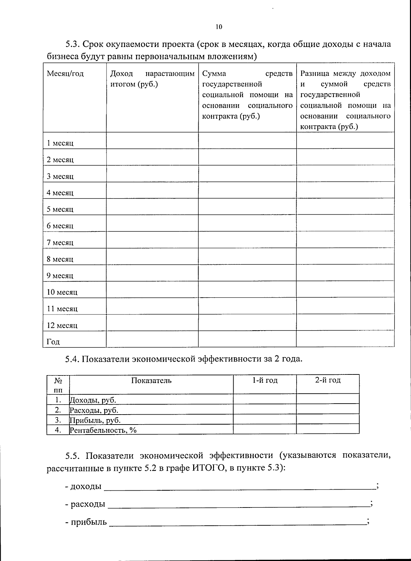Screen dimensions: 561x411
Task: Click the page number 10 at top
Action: tap(219, 27)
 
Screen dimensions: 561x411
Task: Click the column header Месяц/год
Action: tap(65, 74)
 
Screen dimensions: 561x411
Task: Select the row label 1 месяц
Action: tap(60, 143)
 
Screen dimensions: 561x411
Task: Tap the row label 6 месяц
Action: tap(60, 226)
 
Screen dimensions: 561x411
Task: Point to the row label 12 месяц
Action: tap(62, 325)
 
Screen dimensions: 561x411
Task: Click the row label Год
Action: tap(53, 342)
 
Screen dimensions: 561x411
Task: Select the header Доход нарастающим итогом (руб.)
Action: tap(152, 79)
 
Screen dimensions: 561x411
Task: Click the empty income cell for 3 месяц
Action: tap(152, 174)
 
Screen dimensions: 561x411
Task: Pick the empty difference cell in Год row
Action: tap(345, 339)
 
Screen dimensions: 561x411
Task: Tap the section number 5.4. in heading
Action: tap(72, 359)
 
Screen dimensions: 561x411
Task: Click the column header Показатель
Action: tap(151, 380)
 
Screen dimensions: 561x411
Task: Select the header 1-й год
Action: tap(265, 380)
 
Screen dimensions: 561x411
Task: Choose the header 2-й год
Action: tap(328, 380)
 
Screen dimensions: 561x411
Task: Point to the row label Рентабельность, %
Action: tap(103, 430)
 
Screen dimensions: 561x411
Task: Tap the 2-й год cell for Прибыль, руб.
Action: tap(328, 419)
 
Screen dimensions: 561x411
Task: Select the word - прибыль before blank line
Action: tap(86, 522)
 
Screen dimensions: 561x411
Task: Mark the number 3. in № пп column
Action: tap(58, 420)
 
